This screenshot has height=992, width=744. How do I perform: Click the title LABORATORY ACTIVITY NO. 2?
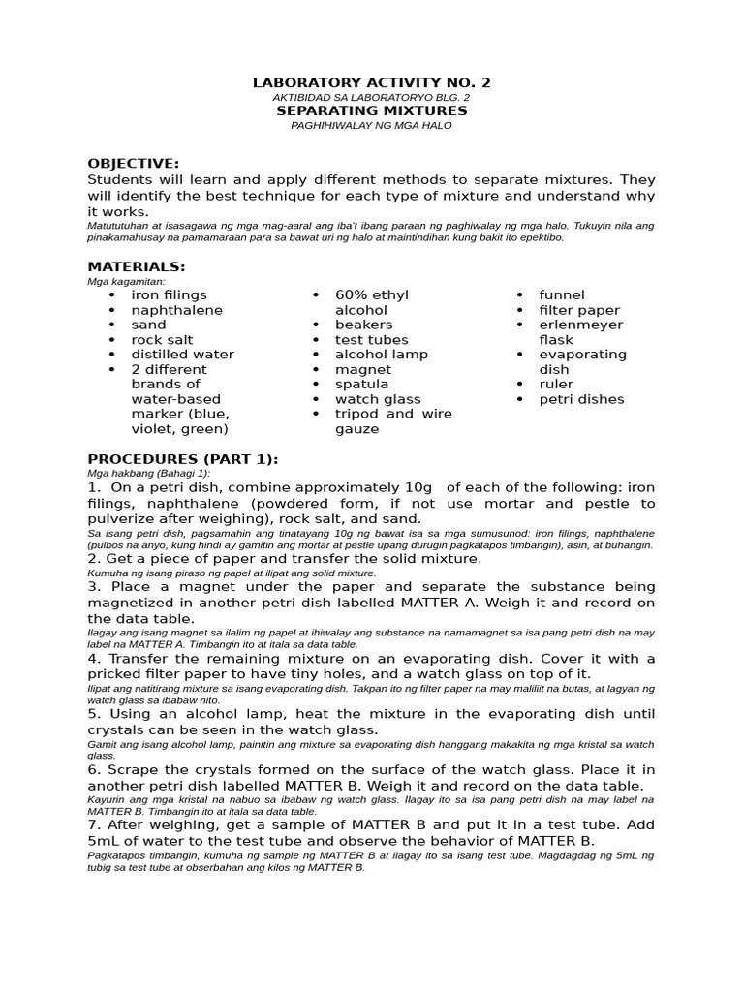pyautogui.click(x=371, y=83)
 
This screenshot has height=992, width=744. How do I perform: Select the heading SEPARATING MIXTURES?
pyautogui.click(x=371, y=111)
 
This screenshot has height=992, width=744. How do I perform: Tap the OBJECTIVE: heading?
pyautogui.click(x=134, y=163)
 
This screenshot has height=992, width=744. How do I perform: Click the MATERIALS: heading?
pyautogui.click(x=137, y=266)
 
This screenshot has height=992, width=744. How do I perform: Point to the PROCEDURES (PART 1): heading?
pyautogui.click(x=183, y=458)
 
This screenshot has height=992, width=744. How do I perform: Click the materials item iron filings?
pyautogui.click(x=169, y=294)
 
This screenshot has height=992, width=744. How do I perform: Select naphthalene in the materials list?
pyautogui.click(x=176, y=310)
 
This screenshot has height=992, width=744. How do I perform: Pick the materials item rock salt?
pyautogui.click(x=162, y=340)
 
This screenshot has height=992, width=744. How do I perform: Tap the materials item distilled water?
pyautogui.click(x=182, y=355)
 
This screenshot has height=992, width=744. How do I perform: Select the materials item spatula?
pyautogui.click(x=361, y=385)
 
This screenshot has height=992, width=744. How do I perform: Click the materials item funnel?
pyautogui.click(x=562, y=294)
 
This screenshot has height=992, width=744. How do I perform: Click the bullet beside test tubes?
pyautogui.click(x=316, y=340)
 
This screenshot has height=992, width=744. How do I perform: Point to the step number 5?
pyautogui.click(x=93, y=714)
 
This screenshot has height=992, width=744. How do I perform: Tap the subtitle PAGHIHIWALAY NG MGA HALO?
pyautogui.click(x=371, y=126)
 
